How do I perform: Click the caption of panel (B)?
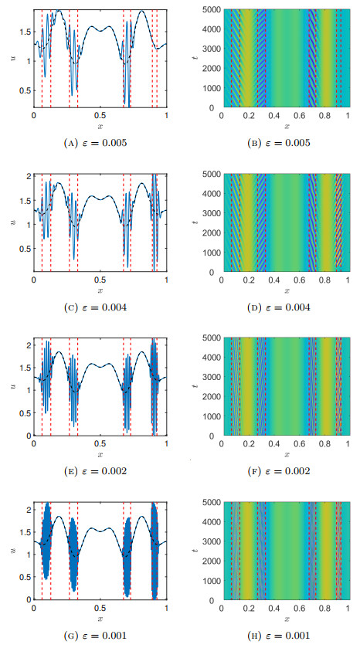coord(286,141)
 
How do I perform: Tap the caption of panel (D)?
coord(286,307)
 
